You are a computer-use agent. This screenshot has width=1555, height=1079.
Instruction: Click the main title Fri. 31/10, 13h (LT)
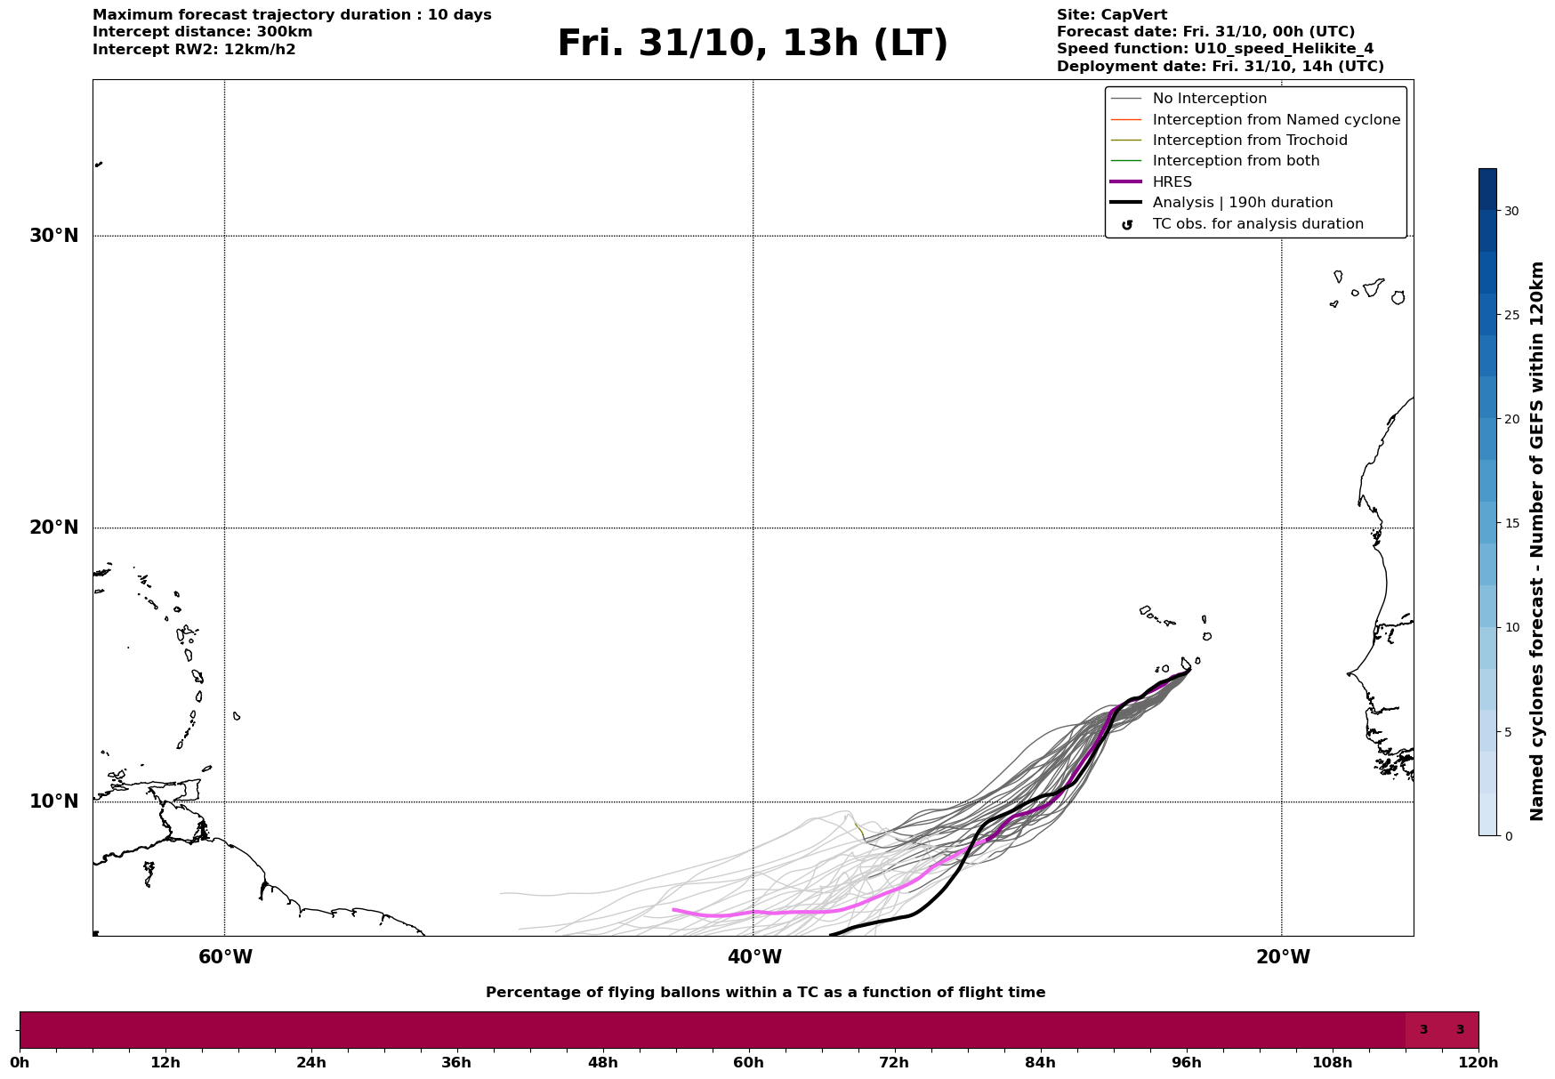coord(753,44)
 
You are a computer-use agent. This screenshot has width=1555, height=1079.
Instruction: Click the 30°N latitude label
coord(53,236)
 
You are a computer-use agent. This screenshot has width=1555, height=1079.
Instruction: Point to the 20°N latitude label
coord(53,527)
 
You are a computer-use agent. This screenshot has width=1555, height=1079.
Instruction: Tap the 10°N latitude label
coord(53,801)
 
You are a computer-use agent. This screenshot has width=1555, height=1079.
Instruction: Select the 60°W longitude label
coord(225,957)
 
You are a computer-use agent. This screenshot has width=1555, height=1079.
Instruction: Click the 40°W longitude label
coord(754,957)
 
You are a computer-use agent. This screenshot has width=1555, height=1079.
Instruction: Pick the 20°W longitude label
coord(1283,957)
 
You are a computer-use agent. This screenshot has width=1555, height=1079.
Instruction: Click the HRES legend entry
coord(1172,182)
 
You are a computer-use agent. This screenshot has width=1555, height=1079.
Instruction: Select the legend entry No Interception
coord(1209,99)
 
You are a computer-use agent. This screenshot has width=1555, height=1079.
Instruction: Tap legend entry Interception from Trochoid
coord(1249,141)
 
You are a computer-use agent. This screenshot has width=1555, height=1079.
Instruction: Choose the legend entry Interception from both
coord(1236,161)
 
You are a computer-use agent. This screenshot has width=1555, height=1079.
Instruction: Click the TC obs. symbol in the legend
coord(1127,225)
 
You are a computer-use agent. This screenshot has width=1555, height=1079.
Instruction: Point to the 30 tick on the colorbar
coord(1511,211)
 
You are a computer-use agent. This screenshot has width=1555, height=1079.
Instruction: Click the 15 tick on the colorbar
coord(1511,523)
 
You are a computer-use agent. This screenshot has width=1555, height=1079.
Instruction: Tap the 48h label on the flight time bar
coord(602,1062)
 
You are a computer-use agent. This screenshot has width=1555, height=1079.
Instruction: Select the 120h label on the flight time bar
coord(1478,1062)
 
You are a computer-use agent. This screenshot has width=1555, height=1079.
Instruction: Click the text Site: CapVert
coord(1111,15)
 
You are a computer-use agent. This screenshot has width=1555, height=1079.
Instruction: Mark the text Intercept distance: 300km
coord(202,32)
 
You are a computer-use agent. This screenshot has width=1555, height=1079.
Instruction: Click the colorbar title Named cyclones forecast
coord(1536,541)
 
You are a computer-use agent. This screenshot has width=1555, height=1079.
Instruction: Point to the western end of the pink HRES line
coord(674,909)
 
